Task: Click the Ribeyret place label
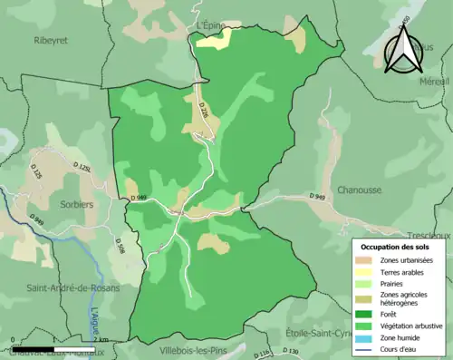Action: click(x=52, y=40)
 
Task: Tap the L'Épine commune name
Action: click(x=207, y=25)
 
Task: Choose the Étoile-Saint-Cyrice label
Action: click(x=323, y=332)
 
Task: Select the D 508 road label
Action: click(x=119, y=245)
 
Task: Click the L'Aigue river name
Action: click(x=96, y=321)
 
